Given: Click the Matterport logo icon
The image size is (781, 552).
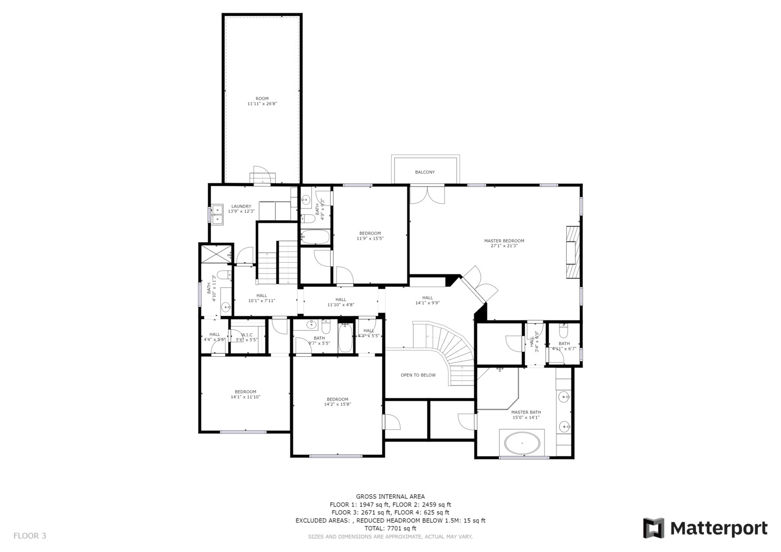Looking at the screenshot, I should [653, 528].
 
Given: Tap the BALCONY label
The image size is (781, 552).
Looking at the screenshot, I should [425, 172].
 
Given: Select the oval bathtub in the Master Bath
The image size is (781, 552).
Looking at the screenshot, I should [522, 443].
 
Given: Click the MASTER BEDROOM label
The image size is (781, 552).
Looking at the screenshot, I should [504, 241].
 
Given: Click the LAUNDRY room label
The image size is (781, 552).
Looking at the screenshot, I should [241, 206].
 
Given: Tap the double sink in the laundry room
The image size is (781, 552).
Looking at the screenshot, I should [217, 214].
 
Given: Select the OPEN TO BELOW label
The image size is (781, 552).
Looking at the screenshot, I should [418, 375].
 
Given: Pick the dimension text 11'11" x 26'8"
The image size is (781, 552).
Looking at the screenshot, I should [262, 104].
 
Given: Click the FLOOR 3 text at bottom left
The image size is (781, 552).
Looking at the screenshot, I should [30, 536].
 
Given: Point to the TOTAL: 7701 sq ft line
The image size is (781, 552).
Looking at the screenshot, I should [390, 528].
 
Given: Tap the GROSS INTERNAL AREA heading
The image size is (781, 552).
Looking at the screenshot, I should [390, 496].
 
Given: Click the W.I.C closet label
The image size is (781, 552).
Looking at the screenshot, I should [247, 335].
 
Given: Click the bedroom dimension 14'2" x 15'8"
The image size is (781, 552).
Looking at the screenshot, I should [337, 404].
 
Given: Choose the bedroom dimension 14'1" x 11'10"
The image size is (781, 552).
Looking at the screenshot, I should [245, 397].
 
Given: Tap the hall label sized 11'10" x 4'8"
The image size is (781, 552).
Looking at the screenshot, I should [341, 305].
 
